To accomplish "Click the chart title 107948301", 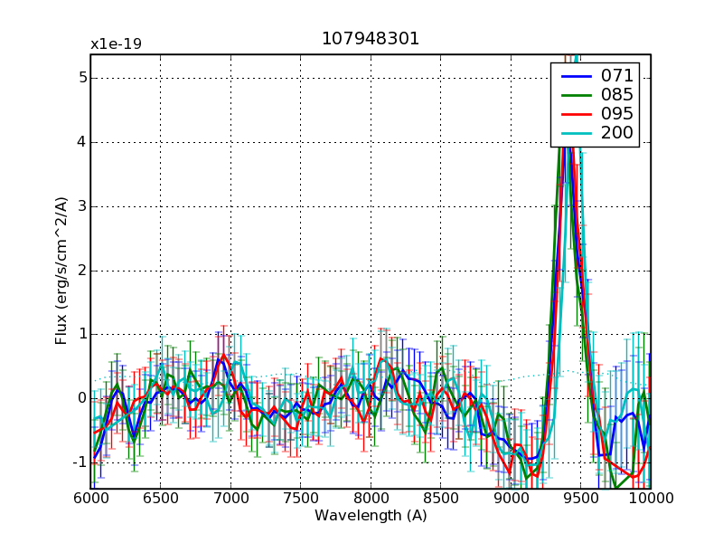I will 371,39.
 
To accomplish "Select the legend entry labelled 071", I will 617,75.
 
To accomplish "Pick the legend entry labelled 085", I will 617,94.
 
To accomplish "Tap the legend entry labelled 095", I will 617,114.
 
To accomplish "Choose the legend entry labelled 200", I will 617,134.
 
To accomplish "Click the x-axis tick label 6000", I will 90,500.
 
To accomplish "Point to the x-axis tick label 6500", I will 161,500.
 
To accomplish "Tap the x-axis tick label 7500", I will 301,500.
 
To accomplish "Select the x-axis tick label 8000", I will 371,500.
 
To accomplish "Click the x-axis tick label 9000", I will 511,500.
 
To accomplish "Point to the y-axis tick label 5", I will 82,78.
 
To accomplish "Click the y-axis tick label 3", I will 82,206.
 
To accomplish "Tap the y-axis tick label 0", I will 82,398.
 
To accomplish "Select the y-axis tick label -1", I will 80,462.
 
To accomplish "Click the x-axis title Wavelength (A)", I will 371,516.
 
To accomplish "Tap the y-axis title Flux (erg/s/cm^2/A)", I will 61,271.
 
